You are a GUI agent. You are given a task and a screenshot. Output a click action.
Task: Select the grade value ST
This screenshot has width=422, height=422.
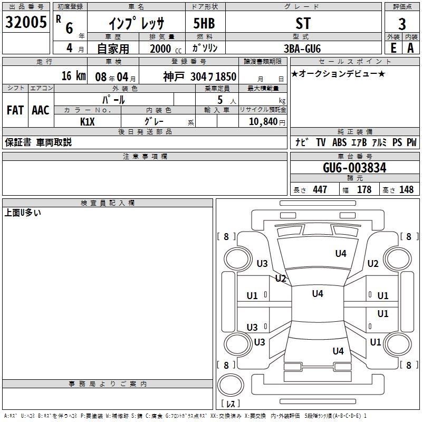pos(303,23)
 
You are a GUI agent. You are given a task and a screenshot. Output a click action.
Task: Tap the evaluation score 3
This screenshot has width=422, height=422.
pos(402,24)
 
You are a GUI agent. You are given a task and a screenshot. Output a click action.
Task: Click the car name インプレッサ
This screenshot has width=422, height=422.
pos(136,23)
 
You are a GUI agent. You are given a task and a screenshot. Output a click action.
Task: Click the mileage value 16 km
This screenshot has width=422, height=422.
pos(73,75)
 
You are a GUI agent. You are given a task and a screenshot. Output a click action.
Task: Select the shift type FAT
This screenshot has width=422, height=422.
pos(15,110)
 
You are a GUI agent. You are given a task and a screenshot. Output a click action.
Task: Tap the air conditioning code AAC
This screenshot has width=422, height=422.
pos(41,110)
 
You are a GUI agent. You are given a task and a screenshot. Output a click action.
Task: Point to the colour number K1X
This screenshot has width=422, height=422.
pos(88,121)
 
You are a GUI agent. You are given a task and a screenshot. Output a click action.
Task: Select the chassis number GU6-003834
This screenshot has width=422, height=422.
pos(354,168)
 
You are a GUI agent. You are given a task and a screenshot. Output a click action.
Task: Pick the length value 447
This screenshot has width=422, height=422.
pos(320,189)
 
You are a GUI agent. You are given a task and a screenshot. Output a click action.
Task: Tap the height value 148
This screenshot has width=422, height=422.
pos(407,189)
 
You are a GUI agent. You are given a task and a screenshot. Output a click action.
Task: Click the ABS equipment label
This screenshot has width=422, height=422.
pos(339,142)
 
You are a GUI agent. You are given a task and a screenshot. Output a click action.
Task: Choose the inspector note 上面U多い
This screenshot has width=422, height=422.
pos(23,213)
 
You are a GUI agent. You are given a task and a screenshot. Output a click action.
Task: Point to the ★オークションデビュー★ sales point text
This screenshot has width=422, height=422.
pos(338,74)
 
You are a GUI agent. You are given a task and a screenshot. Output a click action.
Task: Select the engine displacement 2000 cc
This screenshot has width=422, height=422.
pos(165,49)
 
